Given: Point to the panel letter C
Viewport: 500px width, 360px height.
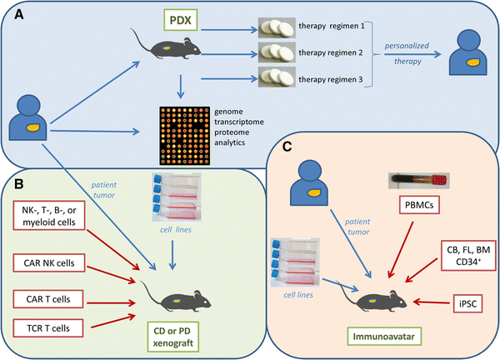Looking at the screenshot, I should [x=287, y=151].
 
